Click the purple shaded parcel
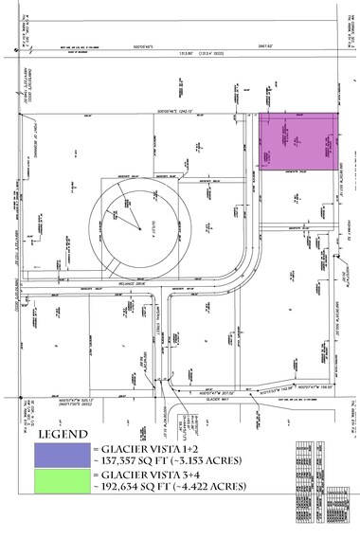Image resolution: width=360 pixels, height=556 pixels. coord(298,143)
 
